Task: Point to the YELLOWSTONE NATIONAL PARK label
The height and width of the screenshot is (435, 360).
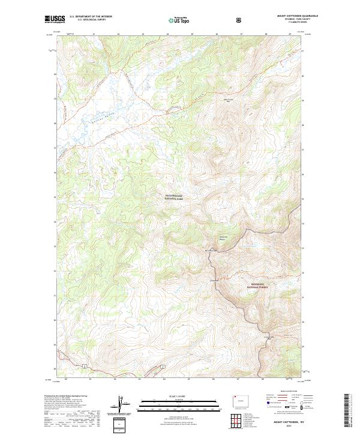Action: pyautogui.click(x=176, y=197)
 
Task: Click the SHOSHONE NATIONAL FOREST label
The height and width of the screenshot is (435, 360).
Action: pyautogui.click(x=257, y=287)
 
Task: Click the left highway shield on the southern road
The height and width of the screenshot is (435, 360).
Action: pyautogui.click(x=85, y=365)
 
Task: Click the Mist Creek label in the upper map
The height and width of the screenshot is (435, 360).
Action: pyautogui.click(x=227, y=100)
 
